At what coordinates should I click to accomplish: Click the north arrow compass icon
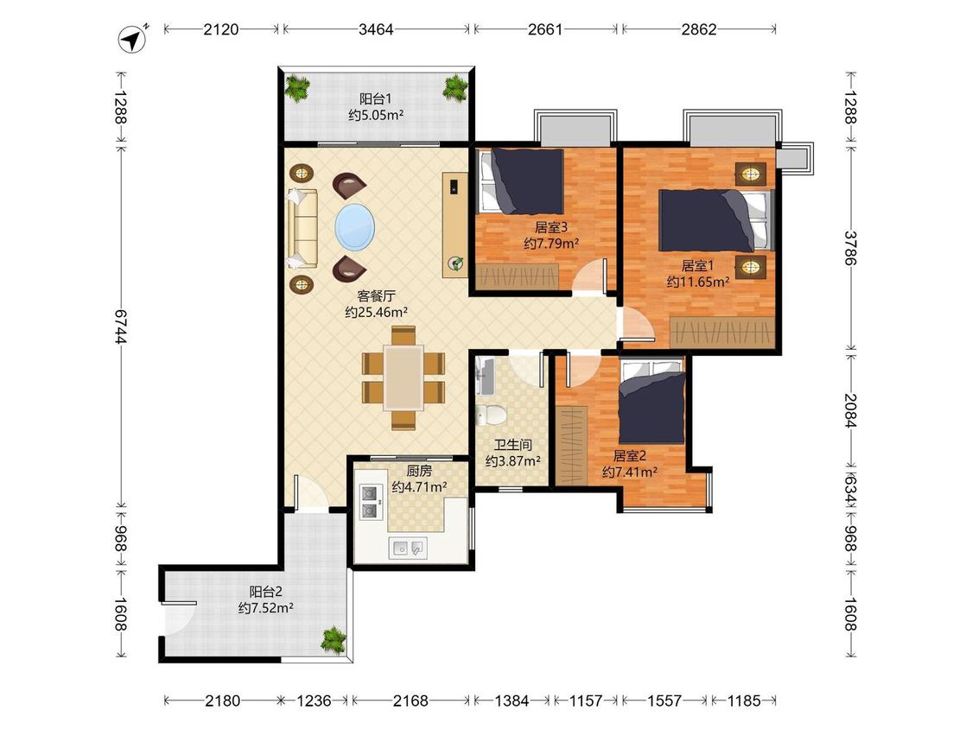[x=132, y=40]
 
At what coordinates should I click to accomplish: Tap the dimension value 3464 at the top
[x=376, y=29]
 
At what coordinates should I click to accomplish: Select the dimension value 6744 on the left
[x=120, y=327]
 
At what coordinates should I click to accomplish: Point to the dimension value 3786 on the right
[x=850, y=248]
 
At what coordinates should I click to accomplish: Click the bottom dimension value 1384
[x=512, y=701]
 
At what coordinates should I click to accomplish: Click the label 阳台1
[x=375, y=98]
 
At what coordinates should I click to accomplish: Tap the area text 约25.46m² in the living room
[x=377, y=313]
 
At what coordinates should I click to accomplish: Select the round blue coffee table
[x=354, y=227]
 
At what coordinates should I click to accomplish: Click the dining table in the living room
[x=403, y=377]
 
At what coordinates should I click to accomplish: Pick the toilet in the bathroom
[x=491, y=415]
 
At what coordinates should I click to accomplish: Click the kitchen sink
[x=407, y=548]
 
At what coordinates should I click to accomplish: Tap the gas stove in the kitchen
[x=370, y=502]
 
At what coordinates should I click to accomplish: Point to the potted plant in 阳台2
[x=334, y=640]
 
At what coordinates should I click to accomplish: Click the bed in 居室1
[x=716, y=220]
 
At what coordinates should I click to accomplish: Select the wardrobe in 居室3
[x=518, y=276]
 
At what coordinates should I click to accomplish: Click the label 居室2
[x=629, y=456]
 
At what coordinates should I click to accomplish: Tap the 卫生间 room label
[x=512, y=445]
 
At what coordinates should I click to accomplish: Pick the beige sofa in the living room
[x=302, y=229]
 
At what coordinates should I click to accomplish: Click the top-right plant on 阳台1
[x=455, y=88]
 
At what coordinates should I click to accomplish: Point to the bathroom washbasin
[x=485, y=377]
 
